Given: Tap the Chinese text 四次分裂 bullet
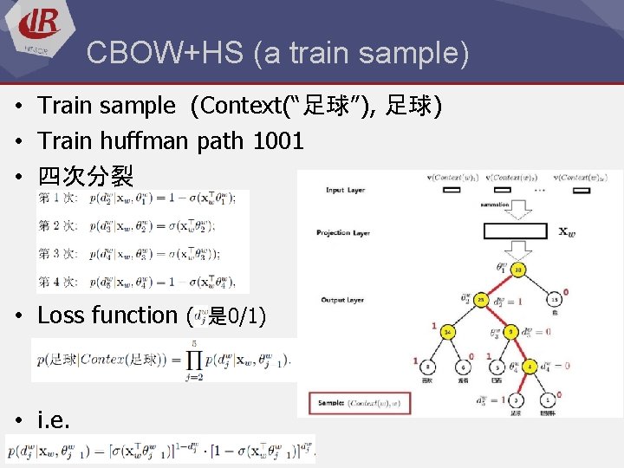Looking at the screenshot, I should point(85,177).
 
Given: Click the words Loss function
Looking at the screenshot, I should point(107,315).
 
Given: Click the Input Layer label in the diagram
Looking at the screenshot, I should point(346,190).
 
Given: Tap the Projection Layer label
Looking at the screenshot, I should point(345,232).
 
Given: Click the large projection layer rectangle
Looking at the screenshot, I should point(515,231).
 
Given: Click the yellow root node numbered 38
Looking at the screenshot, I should point(518,270).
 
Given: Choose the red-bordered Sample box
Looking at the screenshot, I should point(359,403).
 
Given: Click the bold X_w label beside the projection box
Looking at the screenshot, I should point(565,231).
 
